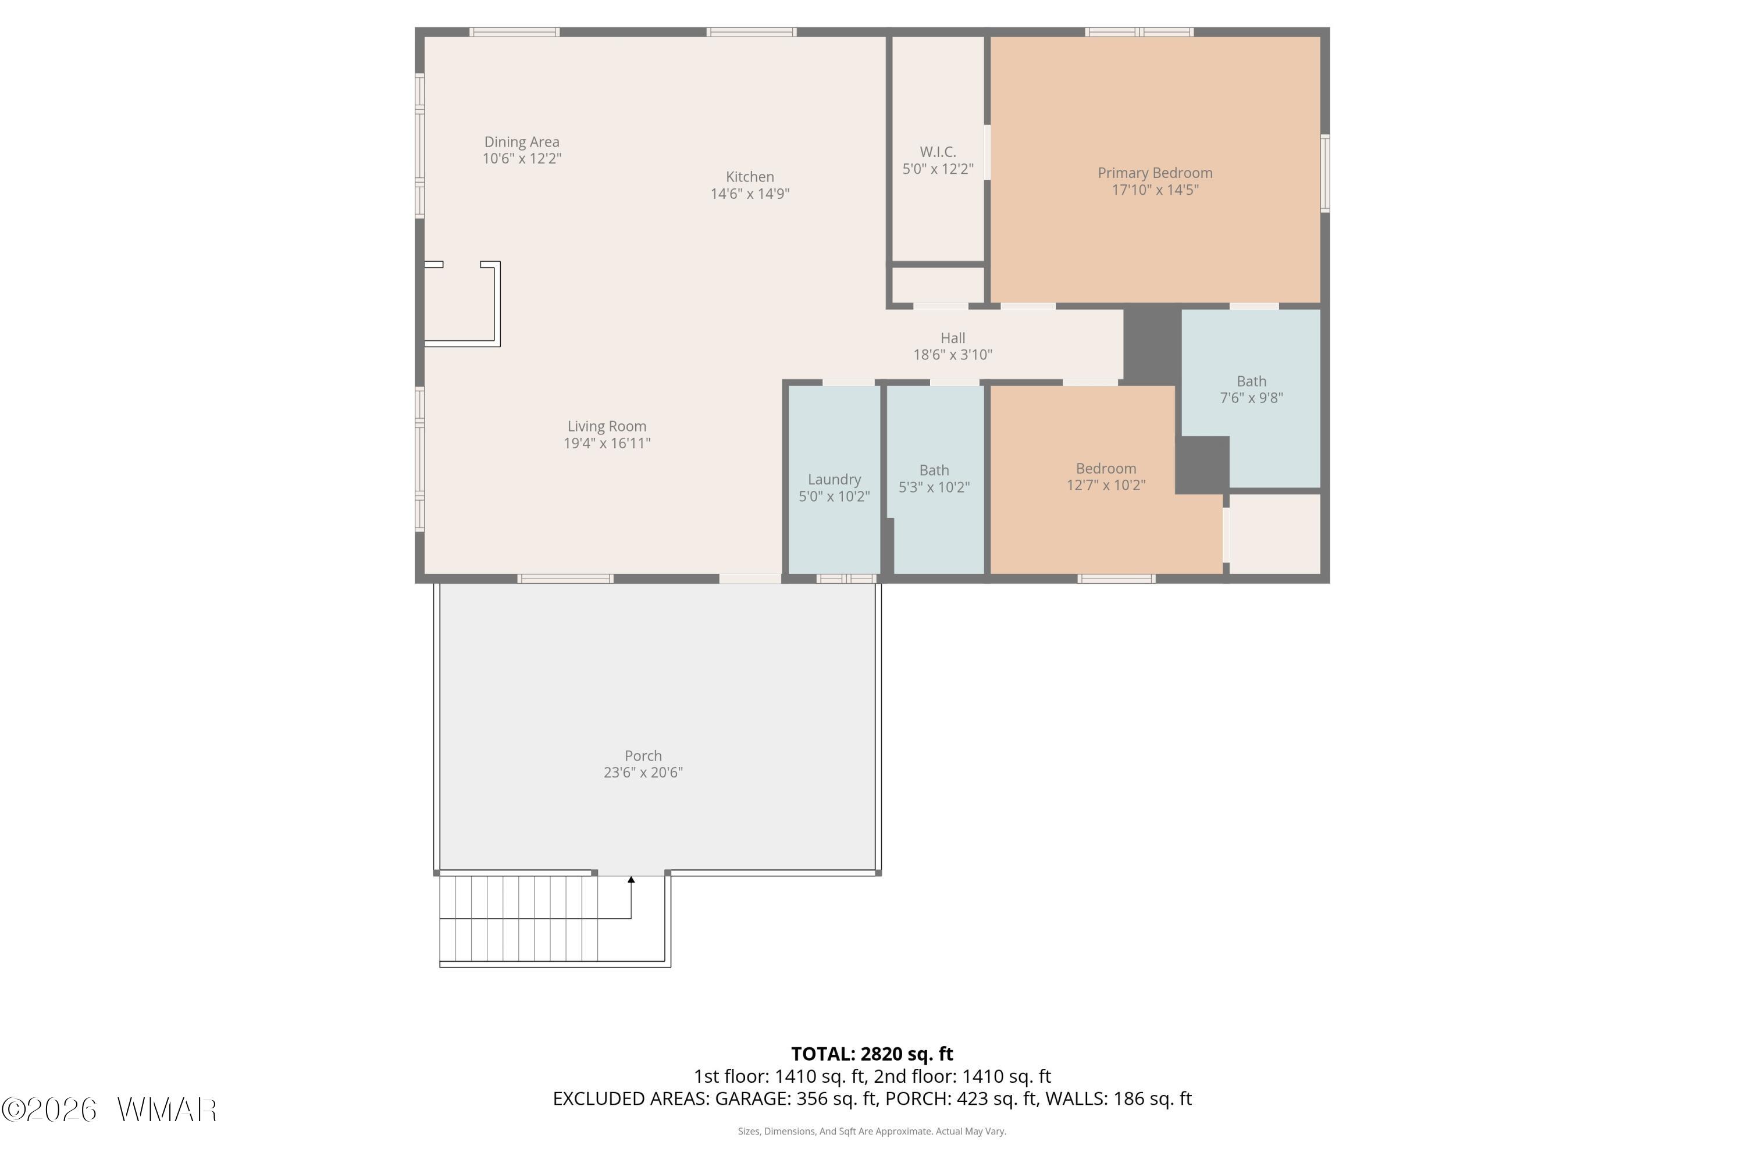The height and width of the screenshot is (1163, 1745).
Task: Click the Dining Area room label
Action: (522, 142)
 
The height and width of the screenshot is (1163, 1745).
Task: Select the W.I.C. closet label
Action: (938, 152)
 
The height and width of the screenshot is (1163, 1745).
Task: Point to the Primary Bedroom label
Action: (1155, 173)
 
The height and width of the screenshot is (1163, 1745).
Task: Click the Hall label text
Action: (953, 338)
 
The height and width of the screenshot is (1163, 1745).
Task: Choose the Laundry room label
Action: (834, 480)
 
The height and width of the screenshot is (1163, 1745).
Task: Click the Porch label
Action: (643, 756)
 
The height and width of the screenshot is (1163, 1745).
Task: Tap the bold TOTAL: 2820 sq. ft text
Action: (872, 1054)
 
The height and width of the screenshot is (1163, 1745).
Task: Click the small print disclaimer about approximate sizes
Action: (872, 1131)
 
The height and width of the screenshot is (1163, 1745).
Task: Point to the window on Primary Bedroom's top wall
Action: (1139, 32)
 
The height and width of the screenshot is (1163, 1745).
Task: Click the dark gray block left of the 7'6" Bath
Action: (1152, 345)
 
